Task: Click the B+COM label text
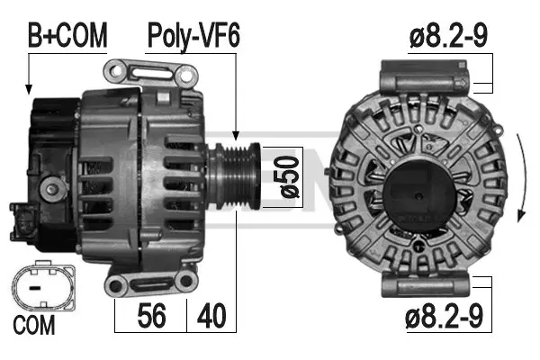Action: [x=67, y=35]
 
